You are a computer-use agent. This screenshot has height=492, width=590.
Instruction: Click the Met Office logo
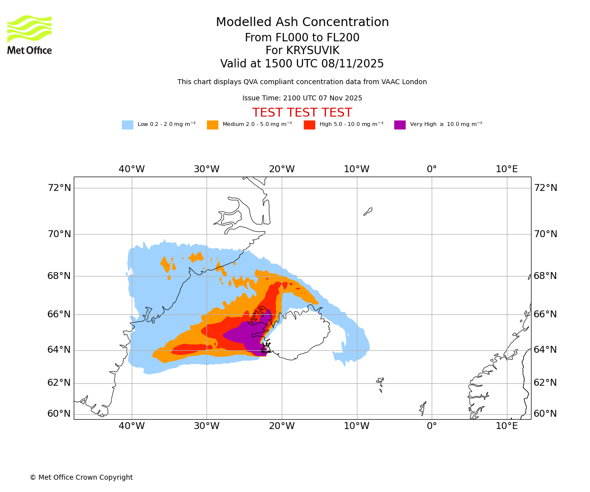[x=29, y=35]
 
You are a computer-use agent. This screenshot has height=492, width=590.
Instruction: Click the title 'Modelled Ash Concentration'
[x=302, y=22]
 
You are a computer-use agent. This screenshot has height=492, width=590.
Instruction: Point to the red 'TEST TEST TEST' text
[x=302, y=113]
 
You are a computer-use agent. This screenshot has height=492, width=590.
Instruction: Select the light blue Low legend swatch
[x=127, y=125]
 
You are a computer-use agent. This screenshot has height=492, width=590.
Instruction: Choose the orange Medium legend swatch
[x=212, y=125]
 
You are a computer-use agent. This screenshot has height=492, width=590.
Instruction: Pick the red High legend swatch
[x=309, y=125]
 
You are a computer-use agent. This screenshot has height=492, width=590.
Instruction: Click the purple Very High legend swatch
[x=400, y=125]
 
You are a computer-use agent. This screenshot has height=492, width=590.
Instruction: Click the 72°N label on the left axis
[x=59, y=187]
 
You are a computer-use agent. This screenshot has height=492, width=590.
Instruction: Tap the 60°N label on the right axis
[x=545, y=413]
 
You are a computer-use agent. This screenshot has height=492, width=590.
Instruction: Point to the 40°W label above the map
[x=132, y=169]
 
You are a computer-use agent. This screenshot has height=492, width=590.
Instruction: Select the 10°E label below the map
[x=506, y=426]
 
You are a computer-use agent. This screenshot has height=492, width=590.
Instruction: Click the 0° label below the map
[x=432, y=426]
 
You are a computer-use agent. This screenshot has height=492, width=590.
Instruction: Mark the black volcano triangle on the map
[x=266, y=348]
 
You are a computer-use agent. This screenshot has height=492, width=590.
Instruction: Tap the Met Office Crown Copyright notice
[x=81, y=477]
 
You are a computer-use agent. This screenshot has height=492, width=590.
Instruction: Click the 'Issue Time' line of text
[x=302, y=98]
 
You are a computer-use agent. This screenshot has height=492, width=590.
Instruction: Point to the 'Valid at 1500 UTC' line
[x=302, y=64]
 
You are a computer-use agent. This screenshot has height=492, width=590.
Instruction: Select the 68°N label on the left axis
[x=59, y=276]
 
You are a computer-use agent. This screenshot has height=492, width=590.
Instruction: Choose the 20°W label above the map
[x=282, y=169]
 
